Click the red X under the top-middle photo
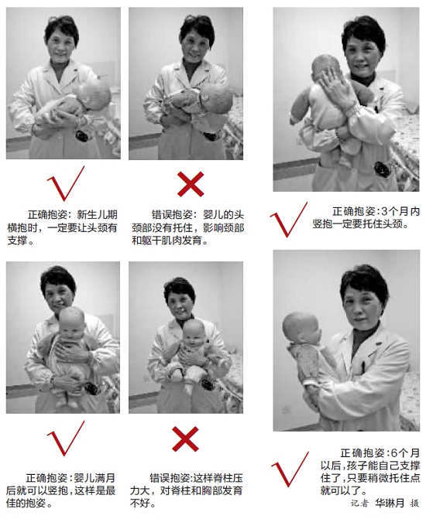191,184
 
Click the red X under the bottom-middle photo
185,439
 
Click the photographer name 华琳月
390,504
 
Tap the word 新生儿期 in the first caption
97,215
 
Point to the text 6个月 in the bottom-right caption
405,452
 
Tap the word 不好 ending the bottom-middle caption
140,503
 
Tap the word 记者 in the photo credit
359,504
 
